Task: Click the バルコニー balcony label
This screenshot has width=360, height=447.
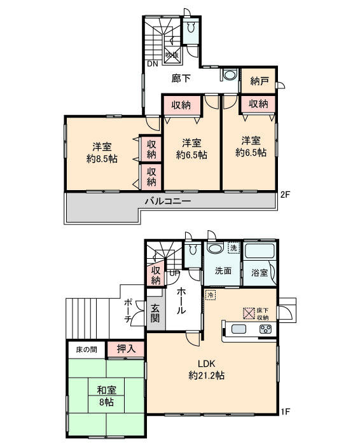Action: click(x=168, y=201)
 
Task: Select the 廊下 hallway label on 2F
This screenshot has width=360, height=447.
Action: click(x=181, y=79)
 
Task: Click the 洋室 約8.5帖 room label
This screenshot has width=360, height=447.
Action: click(x=102, y=151)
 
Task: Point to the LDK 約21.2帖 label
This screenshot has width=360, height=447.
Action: click(x=207, y=369)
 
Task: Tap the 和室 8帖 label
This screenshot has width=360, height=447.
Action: click(x=106, y=396)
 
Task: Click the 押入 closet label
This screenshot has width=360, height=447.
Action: click(x=125, y=348)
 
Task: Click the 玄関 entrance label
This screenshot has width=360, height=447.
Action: click(x=155, y=313)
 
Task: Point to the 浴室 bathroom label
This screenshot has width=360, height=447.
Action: click(x=260, y=272)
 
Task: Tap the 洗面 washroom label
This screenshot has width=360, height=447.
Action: click(x=222, y=270)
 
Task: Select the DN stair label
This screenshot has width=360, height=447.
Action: click(x=153, y=64)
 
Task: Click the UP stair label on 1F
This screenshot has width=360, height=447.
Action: click(x=174, y=273)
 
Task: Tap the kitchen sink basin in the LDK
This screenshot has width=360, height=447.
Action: click(x=239, y=329)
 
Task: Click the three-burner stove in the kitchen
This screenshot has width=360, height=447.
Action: click(x=264, y=329)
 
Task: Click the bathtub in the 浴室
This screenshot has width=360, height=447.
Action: click(x=260, y=251)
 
